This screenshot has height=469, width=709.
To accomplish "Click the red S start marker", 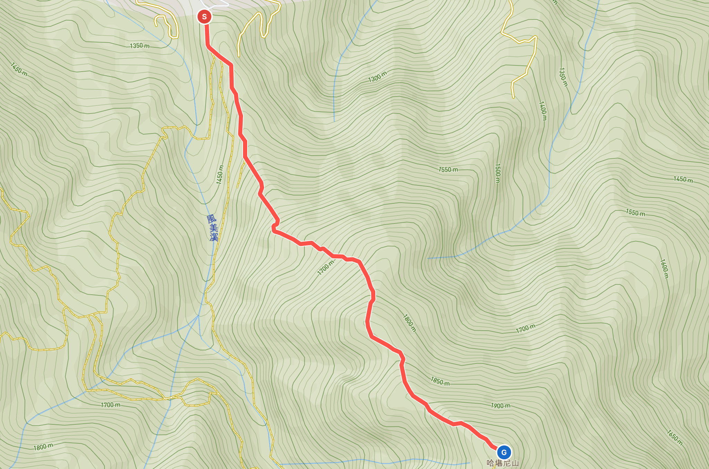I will pyautogui.click(x=204, y=16).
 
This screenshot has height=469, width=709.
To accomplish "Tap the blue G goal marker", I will pyautogui.click(x=504, y=452).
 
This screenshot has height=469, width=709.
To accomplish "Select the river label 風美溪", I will pyautogui.click(x=213, y=228).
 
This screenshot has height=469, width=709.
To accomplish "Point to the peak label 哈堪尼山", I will pyautogui.click(x=503, y=463).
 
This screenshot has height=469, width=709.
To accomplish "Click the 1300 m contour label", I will pyautogui.click(x=377, y=76).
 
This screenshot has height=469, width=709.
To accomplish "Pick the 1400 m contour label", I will pyautogui.click(x=543, y=111).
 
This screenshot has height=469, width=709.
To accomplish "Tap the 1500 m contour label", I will pyautogui.click(x=498, y=173).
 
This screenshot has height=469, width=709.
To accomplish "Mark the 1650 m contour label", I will pyautogui.click(x=675, y=438).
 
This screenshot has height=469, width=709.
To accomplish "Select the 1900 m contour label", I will pyautogui.click(x=501, y=406).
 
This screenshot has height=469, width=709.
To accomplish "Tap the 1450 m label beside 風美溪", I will pyautogui.click(x=220, y=175).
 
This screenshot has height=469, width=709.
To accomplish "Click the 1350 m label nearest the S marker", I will pyautogui.click(x=140, y=46).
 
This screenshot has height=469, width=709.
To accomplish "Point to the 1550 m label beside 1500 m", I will pyautogui.click(x=448, y=169).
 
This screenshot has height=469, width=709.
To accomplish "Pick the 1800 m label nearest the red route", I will pyautogui.click(x=410, y=323).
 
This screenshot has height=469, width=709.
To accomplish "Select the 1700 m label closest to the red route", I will pyautogui.click(x=326, y=268).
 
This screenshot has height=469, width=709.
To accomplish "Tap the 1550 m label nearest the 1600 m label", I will pyautogui.click(x=635, y=212).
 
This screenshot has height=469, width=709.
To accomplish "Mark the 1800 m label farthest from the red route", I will pyautogui.click(x=43, y=447).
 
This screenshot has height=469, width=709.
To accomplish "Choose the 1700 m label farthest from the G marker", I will pyautogui.click(x=111, y=405).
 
